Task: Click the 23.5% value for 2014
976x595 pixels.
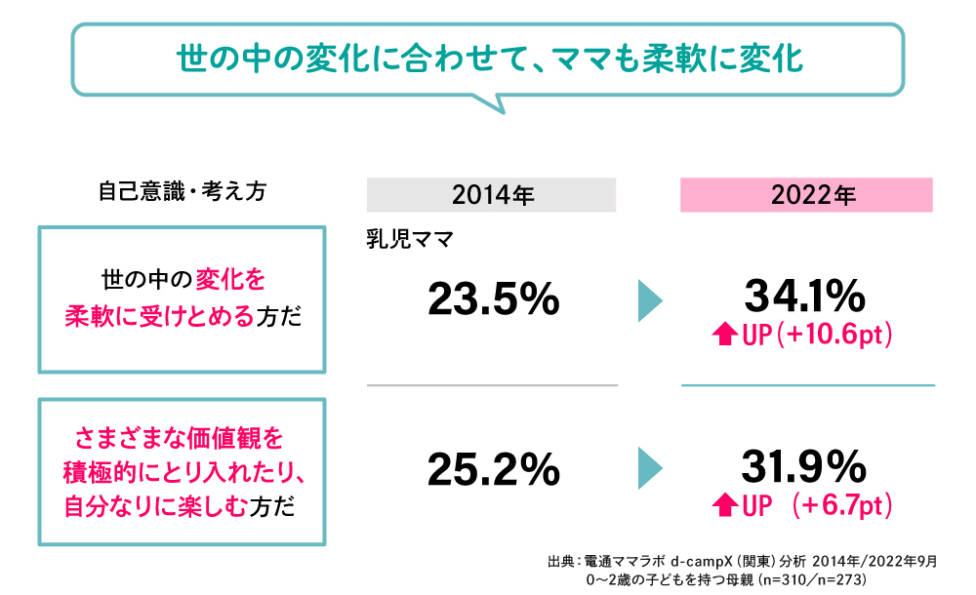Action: point(493,299)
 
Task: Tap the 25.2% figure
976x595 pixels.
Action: point(493,470)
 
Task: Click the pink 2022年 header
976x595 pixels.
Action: point(806,195)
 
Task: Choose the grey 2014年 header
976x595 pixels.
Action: point(492,195)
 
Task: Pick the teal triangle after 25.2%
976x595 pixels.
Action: point(650,469)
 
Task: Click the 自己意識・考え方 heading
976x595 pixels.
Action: point(183,191)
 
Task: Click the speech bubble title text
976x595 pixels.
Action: point(488,58)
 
